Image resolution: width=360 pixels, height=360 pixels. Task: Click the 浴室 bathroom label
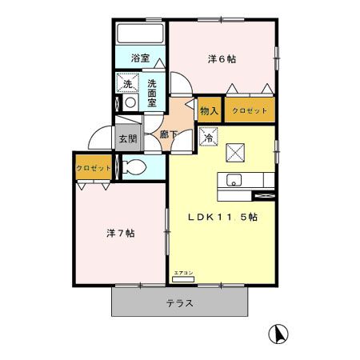(141, 58)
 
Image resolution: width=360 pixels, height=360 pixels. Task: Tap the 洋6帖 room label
(222, 58)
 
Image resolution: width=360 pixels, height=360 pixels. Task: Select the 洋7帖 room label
(120, 234)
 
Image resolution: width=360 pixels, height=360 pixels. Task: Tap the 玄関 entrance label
(128, 138)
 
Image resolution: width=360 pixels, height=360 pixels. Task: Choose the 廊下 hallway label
(168, 134)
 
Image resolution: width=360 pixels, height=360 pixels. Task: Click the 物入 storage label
(208, 111)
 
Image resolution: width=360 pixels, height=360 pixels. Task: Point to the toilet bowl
(135, 167)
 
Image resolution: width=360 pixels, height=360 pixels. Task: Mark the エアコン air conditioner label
(183, 274)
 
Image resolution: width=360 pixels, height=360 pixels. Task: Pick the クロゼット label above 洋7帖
(93, 168)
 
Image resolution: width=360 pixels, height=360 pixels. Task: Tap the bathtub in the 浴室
(141, 34)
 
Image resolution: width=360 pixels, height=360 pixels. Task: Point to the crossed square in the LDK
(235, 151)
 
